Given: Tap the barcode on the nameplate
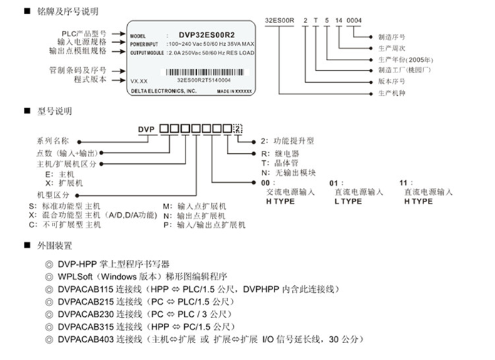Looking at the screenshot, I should [203, 73].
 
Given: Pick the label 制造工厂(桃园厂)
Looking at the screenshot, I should [404, 71].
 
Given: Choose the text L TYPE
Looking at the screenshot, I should [348, 202].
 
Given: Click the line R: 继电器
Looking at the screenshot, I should [278, 153].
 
